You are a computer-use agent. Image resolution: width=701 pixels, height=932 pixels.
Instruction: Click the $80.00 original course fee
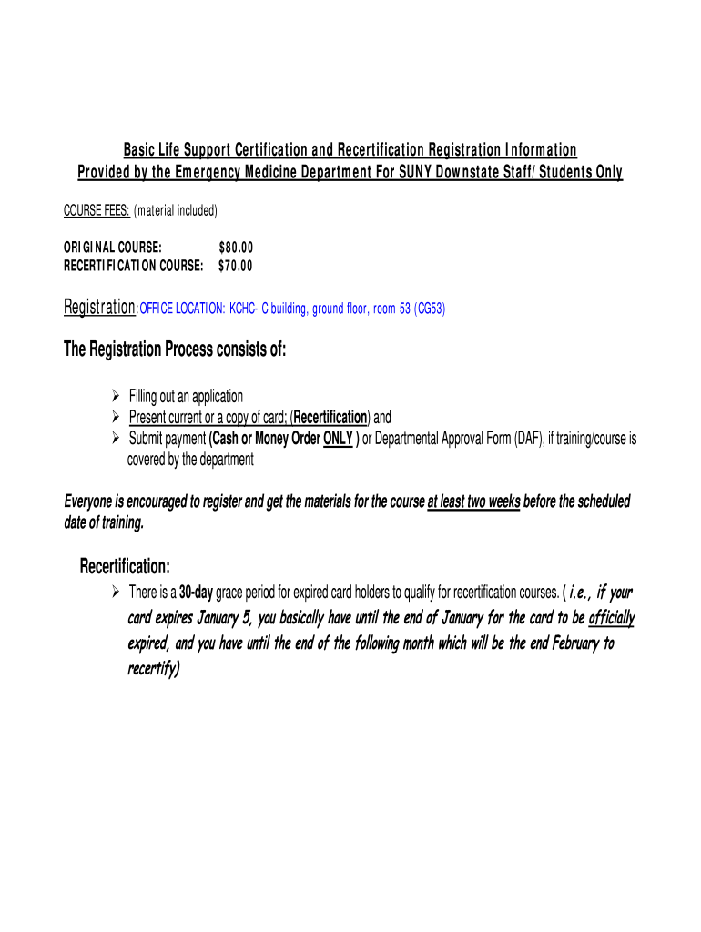[x=236, y=248]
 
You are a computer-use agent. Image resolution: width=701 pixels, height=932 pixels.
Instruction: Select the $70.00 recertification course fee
[x=236, y=266]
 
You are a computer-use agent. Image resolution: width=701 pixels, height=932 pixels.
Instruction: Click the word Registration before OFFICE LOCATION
[x=98, y=309]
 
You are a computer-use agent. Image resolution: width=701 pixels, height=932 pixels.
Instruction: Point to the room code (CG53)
[x=429, y=309]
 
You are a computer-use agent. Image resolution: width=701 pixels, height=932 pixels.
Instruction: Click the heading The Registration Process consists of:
[x=175, y=350]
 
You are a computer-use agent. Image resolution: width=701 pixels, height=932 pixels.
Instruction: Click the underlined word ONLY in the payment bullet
[x=338, y=440]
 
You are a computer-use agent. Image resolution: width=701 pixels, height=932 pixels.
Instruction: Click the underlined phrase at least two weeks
[x=473, y=502]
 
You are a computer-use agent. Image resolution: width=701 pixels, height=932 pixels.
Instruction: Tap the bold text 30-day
[x=196, y=593]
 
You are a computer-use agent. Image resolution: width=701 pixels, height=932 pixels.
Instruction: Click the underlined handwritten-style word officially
[x=612, y=619]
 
